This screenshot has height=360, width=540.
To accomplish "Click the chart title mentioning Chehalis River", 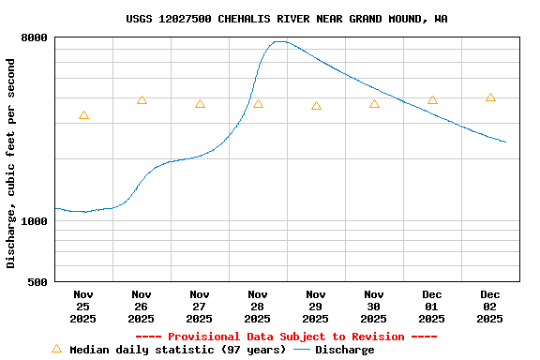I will (286, 19).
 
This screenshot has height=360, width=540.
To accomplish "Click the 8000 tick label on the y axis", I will (35, 37).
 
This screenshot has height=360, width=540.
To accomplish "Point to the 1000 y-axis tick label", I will (35, 221).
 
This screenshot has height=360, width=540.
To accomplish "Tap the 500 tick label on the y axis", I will (38, 282).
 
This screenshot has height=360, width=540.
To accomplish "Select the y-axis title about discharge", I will (11, 163).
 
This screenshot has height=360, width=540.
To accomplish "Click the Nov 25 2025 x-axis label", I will (83, 307).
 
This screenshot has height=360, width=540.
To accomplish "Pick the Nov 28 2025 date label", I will (258, 307).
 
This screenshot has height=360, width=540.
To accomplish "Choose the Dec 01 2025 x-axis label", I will (432, 307).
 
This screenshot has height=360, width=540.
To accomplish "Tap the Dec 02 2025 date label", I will (490, 307).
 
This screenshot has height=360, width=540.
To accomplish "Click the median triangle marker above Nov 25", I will (83, 115).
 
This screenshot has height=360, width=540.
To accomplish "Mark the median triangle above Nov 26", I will (142, 100).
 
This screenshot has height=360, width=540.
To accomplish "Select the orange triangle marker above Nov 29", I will (316, 106).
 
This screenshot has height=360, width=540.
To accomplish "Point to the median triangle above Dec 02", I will (490, 97).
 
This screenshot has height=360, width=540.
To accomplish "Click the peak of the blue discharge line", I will (279, 41).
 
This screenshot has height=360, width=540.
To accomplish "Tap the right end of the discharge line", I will (505, 142).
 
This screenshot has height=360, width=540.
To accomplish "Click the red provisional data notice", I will (286, 337).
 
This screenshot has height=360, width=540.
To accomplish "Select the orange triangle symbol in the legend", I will (56, 349).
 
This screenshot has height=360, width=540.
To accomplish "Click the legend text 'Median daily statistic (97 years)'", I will (178, 350).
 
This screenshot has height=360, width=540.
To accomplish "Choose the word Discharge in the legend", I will (344, 350).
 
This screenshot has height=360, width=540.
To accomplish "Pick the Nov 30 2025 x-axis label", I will (374, 307).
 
